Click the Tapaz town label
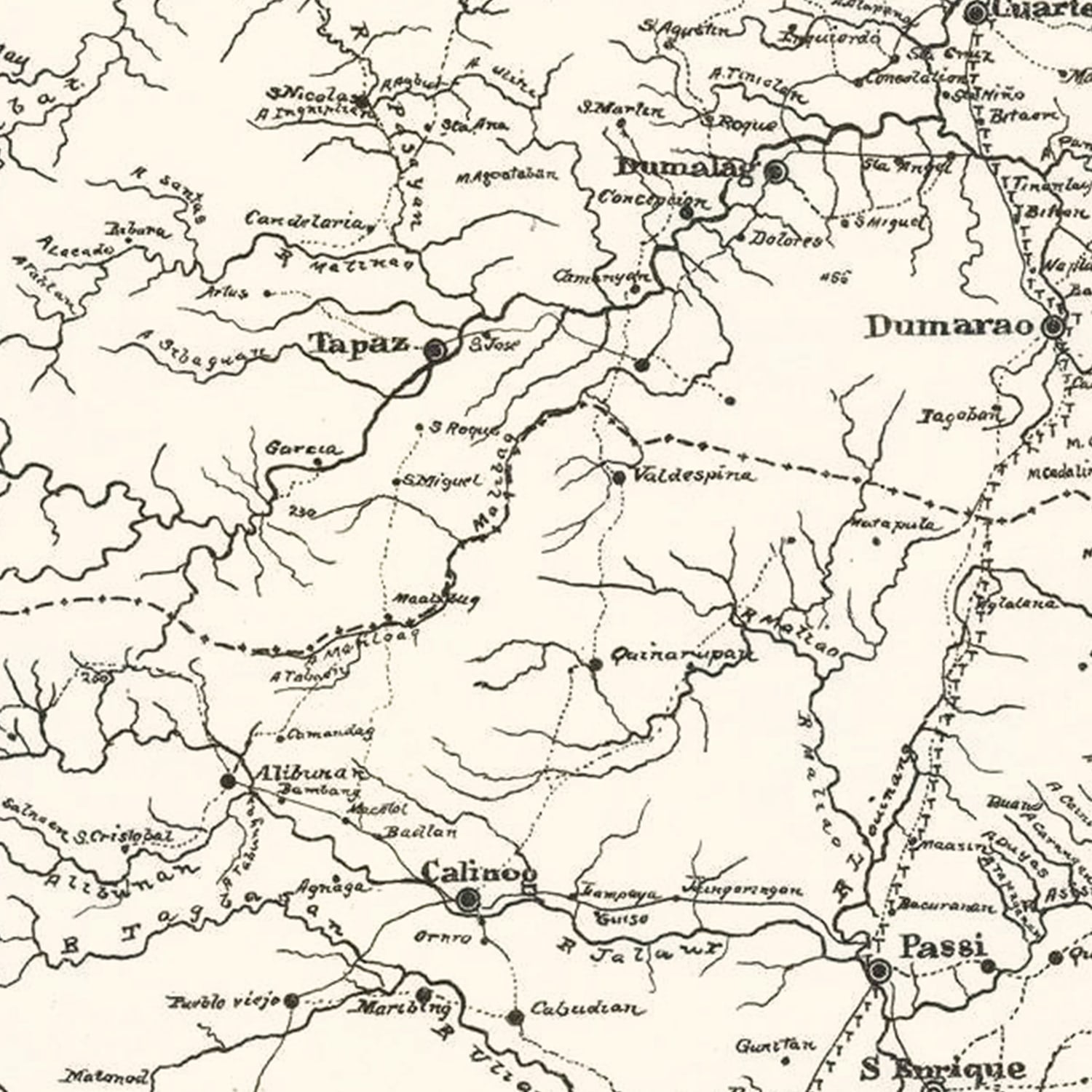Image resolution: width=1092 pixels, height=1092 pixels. pyautogui.click(x=359, y=343)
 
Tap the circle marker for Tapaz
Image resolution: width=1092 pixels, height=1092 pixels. pyautogui.click(x=436, y=351)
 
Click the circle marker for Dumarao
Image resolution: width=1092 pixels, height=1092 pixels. pyautogui.click(x=1053, y=327)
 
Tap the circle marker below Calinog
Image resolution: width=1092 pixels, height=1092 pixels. pyautogui.click(x=467, y=901)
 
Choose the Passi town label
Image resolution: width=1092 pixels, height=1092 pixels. pyautogui.click(x=943, y=947)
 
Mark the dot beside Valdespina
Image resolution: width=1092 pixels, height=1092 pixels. pyautogui.click(x=619, y=478)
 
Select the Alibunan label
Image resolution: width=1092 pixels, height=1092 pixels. pyautogui.click(x=306, y=772)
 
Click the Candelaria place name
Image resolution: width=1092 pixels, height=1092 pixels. pyautogui.click(x=304, y=219)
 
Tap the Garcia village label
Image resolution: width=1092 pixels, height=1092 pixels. pyautogui.click(x=301, y=448)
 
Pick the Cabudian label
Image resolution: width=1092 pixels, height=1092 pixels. pyautogui.click(x=587, y=1009)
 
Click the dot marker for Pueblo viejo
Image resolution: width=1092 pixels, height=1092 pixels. pyautogui.click(x=290, y=1002)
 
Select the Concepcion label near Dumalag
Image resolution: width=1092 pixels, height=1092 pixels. pyautogui.click(x=652, y=199)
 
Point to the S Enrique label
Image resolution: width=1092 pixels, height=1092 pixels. pyautogui.click(x=943, y=1069)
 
